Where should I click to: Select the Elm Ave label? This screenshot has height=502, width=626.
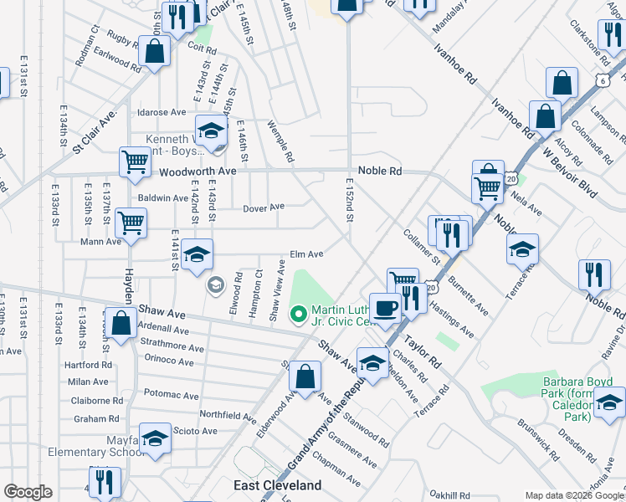tap(306, 254)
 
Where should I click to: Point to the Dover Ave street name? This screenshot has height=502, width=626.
tap(264, 207)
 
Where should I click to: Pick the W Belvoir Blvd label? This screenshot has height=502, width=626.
tap(570, 171)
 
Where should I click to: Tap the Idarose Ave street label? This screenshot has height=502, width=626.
tap(162, 112)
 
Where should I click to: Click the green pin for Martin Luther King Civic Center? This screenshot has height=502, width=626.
tap(296, 315)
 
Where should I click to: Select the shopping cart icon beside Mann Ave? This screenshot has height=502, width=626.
tap(131, 223)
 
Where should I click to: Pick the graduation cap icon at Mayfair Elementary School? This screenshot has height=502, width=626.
tap(155, 438)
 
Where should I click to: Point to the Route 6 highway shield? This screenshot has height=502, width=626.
tap(603, 79)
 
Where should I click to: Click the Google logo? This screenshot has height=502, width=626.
tap(28, 493)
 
